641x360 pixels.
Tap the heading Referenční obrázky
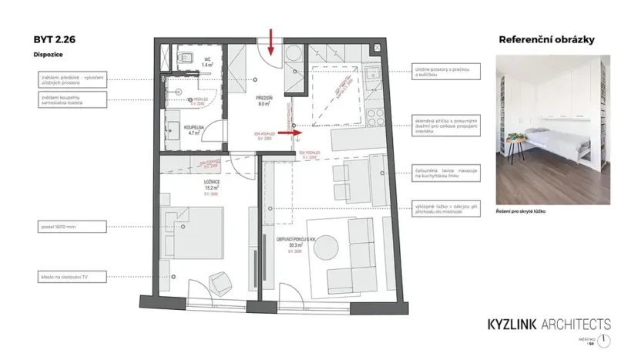(x=546, y=39)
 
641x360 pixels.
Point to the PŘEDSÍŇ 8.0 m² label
(x=267, y=99)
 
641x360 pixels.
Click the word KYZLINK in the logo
(x=519, y=325)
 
